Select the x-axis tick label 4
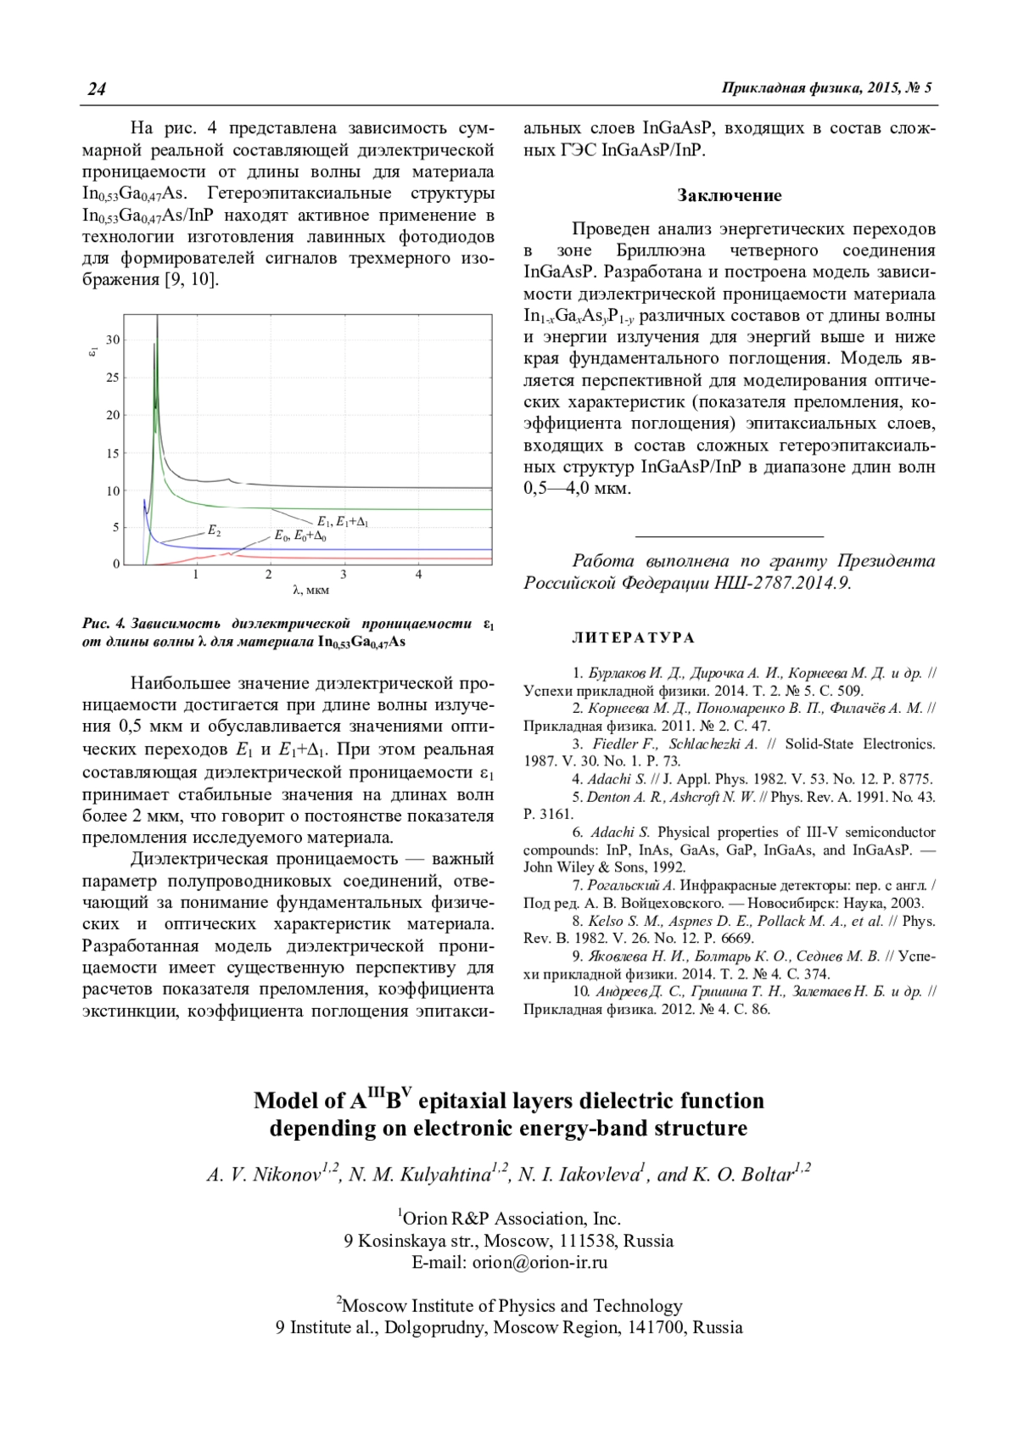point(418,575)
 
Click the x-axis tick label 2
point(270,575)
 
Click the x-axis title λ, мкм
point(310,590)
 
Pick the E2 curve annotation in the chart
point(214,531)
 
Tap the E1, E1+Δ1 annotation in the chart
point(342,522)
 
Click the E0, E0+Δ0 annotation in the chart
point(300,536)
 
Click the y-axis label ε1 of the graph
point(95,348)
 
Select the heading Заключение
point(729,196)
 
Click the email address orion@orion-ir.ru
point(540,1262)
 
